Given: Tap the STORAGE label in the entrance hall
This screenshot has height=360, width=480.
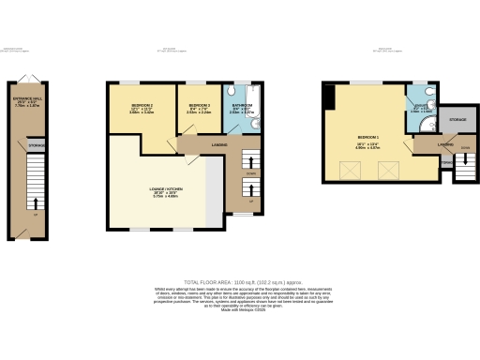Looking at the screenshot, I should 37,146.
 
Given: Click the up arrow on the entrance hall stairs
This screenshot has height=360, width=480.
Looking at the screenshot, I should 37,202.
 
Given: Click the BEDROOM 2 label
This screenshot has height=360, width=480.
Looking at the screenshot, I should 141,106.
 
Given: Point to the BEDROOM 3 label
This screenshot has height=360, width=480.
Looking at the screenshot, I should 198,106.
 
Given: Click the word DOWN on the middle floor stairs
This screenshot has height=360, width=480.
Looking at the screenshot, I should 250,173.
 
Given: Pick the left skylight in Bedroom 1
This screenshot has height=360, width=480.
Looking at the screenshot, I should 352,171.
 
